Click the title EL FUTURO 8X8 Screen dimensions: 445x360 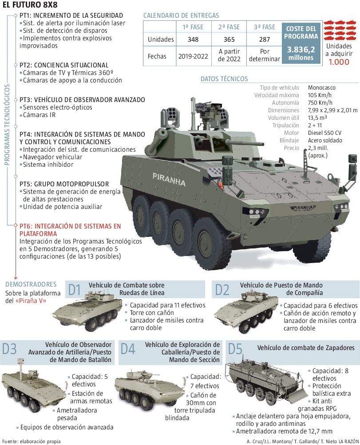(30, 6)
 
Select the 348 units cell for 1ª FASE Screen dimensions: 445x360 (193, 39)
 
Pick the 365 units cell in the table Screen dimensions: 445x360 (229, 39)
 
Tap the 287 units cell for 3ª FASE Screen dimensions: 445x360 (264, 39)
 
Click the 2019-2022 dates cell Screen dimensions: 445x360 (193, 56)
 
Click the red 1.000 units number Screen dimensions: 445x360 (339, 62)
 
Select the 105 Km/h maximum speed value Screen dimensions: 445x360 (320, 95)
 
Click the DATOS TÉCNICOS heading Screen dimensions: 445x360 (224, 79)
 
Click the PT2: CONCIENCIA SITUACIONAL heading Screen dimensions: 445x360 (64, 65)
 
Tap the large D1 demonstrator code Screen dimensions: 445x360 (75, 290)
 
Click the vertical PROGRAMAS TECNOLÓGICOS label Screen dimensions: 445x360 (7, 125)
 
